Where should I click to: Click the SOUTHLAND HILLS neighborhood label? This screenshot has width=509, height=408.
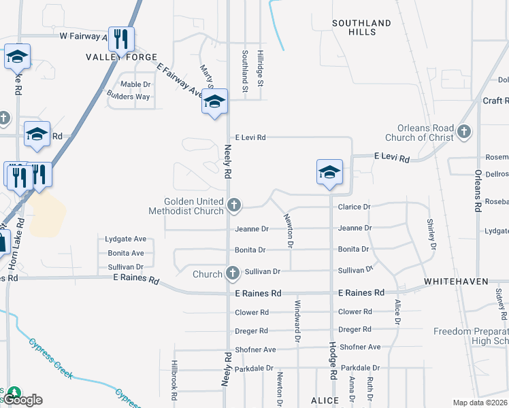click(361, 27)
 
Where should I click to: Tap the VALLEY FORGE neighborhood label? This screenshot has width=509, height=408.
click(121, 57)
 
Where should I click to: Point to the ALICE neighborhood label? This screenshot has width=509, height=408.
click(325, 401)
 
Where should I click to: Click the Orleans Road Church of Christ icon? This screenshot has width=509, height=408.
click(465, 131)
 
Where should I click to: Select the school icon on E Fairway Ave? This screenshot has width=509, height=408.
click(214, 102)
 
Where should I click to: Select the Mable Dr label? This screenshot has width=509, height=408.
click(135, 84)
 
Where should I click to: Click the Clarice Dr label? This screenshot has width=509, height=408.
click(354, 207)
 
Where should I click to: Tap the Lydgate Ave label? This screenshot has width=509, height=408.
click(126, 239)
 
